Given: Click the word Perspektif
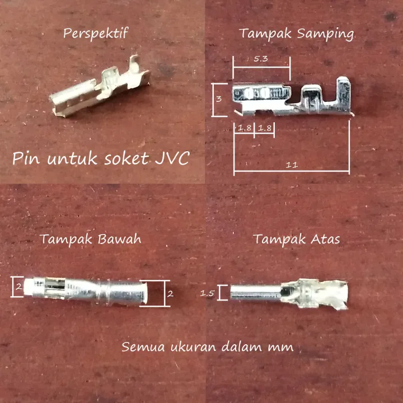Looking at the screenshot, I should pyautogui.click(x=96, y=33).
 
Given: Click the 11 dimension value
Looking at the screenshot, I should pyautogui.click(x=291, y=165).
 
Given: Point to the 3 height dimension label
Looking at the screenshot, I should pyautogui.click(x=219, y=99).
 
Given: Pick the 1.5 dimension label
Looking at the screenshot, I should pyautogui.click(x=208, y=293).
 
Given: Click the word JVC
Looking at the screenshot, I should pyautogui.click(x=170, y=158).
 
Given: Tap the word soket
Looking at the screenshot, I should pyautogui.click(x=124, y=159).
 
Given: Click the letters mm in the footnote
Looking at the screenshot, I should pyautogui.click(x=280, y=347).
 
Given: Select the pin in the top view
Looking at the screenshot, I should pyautogui.click(x=288, y=293).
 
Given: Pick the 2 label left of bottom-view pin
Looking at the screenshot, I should pyautogui.click(x=18, y=288).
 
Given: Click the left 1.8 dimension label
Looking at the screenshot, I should pyautogui.click(x=244, y=128).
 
